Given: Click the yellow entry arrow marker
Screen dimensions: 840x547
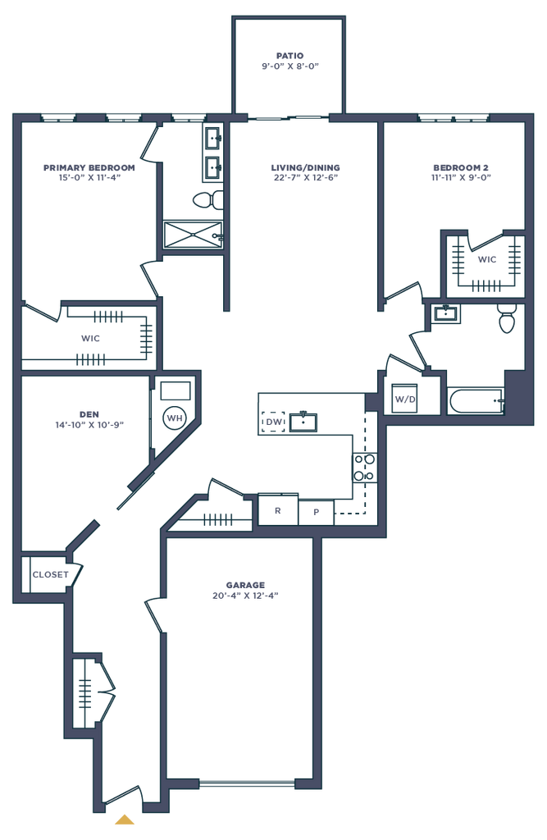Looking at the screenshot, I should click(124, 817).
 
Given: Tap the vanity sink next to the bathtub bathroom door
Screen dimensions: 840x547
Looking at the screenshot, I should click(446, 313).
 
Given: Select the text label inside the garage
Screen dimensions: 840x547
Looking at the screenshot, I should click(245, 590).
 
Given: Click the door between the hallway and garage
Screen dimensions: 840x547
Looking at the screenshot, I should click(153, 613).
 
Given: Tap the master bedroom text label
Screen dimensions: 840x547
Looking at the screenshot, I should click(88, 171).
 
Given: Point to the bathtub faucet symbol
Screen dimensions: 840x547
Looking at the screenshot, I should click(495, 400).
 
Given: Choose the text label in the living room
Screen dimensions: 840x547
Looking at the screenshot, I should click(305, 171).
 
